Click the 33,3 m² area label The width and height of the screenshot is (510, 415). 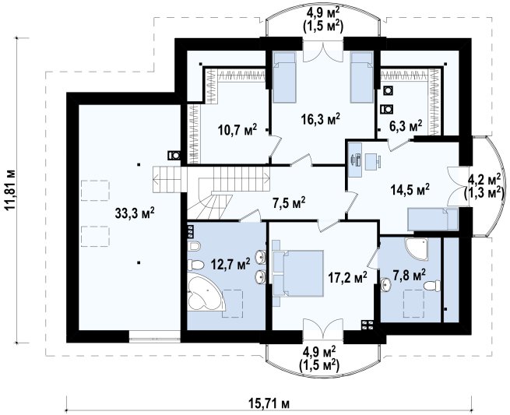pyautogui.click(x=135, y=213)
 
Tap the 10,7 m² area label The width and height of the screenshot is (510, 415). pyautogui.click(x=237, y=129)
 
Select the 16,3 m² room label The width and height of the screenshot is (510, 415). pyautogui.click(x=320, y=119)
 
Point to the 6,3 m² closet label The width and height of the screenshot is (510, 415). pyautogui.click(x=406, y=125)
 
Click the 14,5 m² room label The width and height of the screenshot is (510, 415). pyautogui.click(x=410, y=189)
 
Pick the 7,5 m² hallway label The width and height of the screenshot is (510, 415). pyautogui.click(x=289, y=203)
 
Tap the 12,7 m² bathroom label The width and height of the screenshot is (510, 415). pyautogui.click(x=230, y=264)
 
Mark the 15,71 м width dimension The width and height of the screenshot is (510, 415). pyautogui.click(x=269, y=404)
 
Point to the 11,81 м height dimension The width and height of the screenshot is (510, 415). pyautogui.click(x=10, y=190)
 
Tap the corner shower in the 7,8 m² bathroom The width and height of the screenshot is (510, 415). pyautogui.click(x=417, y=249)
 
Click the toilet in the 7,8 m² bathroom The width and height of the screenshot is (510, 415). pyautogui.click(x=432, y=286)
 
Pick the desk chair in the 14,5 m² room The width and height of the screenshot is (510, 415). pyautogui.click(x=373, y=162)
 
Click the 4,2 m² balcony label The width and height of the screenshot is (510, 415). pyautogui.click(x=484, y=186)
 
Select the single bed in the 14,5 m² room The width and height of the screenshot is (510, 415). pyautogui.click(x=433, y=220)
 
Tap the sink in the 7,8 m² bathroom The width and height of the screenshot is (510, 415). pyautogui.click(x=386, y=285)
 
